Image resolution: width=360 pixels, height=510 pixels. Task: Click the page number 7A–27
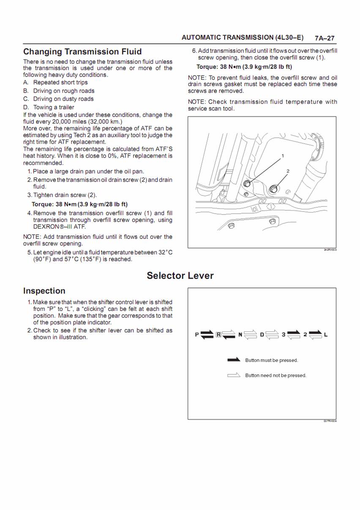(x=325, y=38)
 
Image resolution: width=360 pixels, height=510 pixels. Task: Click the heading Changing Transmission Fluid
(x=82, y=52)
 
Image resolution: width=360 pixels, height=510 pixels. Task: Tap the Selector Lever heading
(x=180, y=276)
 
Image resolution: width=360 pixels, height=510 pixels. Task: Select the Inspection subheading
(x=44, y=291)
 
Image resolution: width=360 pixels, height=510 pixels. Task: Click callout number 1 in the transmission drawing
(x=283, y=156)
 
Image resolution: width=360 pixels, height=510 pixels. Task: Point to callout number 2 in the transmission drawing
(x=288, y=171)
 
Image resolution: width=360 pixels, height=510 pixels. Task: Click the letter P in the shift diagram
(x=196, y=335)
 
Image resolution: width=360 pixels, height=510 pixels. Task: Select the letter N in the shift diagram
(x=240, y=335)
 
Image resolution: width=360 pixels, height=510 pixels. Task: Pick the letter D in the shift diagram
(x=262, y=335)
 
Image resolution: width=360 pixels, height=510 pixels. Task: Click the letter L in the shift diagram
(x=326, y=335)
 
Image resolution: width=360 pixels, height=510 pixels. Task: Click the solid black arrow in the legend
(x=234, y=360)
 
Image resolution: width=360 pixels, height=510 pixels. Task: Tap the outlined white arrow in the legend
(x=234, y=375)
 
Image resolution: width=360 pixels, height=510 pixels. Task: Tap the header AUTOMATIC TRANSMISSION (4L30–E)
(x=243, y=38)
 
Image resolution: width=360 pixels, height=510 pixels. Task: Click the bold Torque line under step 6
(x=244, y=67)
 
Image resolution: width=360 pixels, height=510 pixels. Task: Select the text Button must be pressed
(x=272, y=360)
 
